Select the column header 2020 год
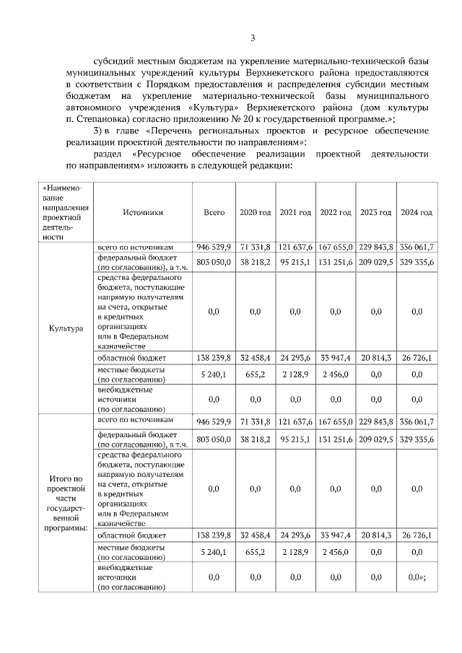click(x=255, y=213)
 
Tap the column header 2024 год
click(x=417, y=213)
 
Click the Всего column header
click(x=214, y=213)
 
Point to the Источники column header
click(x=143, y=213)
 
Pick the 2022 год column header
click(x=336, y=213)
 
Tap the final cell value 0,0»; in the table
click(x=417, y=577)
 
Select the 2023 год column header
click(x=376, y=213)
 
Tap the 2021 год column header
click(x=295, y=213)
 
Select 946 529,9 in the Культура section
click(x=214, y=247)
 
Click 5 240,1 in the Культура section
click(x=214, y=374)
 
